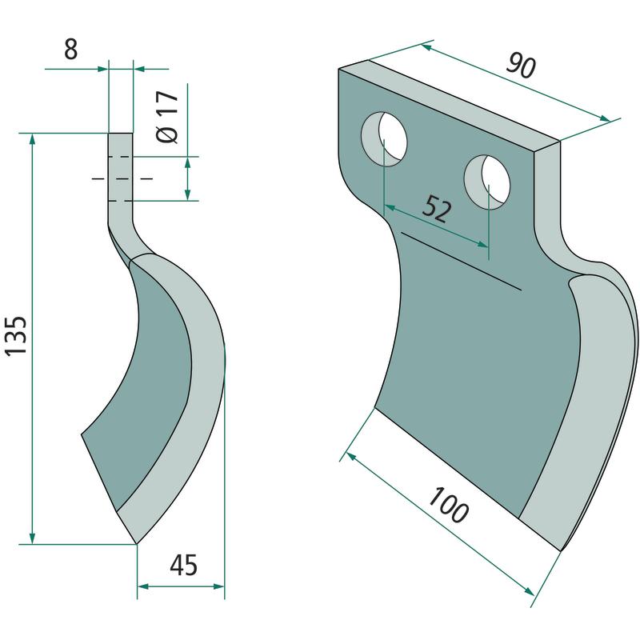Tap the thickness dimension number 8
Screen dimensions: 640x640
pos(71,50)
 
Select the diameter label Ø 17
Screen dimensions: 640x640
pos(167,116)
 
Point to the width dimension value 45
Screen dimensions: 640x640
pos(184,565)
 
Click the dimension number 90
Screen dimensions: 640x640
pos(521,66)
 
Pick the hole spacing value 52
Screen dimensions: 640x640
pos(437,208)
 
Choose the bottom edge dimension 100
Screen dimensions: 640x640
pos(448,505)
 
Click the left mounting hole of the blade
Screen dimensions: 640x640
pos(384,138)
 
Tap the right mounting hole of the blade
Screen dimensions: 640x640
pos(487,182)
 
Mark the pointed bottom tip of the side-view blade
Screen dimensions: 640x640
pos(136,544)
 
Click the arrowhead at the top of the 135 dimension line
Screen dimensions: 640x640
pos(32,138)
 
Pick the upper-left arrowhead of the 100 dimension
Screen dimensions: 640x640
pos(351,455)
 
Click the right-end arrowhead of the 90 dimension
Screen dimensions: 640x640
pos(605,118)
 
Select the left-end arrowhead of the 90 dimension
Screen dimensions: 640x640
pos(426,47)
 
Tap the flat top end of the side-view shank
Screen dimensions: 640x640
pos(121,133)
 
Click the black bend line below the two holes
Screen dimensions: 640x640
pos(462,262)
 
